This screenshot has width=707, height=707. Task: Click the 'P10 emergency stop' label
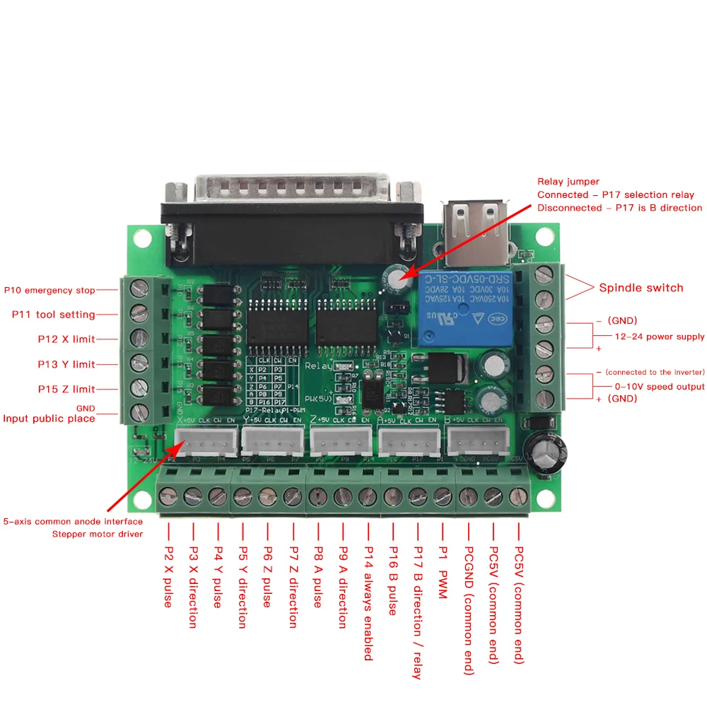click(x=49, y=290)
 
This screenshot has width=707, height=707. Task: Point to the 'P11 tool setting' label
click(x=54, y=315)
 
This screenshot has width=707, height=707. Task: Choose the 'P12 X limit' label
click(x=66, y=339)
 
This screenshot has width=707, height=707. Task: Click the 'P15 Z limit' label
click(x=66, y=390)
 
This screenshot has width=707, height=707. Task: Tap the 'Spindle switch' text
click(x=641, y=288)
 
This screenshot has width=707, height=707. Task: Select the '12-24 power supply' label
click(x=659, y=337)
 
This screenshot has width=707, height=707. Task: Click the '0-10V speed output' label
click(x=659, y=387)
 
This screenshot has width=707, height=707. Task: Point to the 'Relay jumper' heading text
click(x=568, y=182)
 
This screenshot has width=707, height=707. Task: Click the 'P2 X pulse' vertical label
click(x=168, y=575)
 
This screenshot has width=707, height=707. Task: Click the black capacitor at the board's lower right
click(x=549, y=452)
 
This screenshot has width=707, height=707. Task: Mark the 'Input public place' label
click(x=49, y=419)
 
